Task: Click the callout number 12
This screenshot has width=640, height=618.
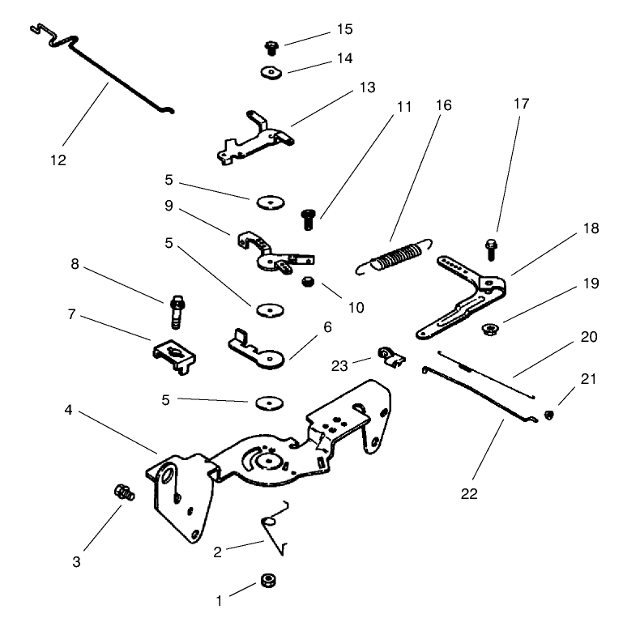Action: tap(58, 160)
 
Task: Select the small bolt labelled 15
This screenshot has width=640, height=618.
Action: tap(272, 49)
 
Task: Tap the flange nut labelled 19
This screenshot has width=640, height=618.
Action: tap(489, 329)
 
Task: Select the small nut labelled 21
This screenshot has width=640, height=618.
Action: tap(549, 416)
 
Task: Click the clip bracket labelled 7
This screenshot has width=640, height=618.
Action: tap(172, 354)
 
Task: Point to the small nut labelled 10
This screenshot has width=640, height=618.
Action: tap(308, 283)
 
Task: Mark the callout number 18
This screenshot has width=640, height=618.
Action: tap(591, 229)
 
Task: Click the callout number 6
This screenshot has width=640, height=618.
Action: tap(327, 327)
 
